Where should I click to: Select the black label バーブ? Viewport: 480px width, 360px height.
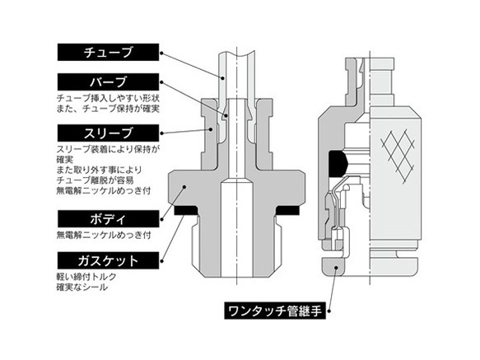109,82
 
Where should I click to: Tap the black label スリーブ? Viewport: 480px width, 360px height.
109,132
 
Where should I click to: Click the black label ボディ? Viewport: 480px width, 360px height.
109,220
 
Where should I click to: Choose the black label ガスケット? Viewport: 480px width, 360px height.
109,260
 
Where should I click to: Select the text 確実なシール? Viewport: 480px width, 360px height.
83,287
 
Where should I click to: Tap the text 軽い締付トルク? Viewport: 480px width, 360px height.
88,276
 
